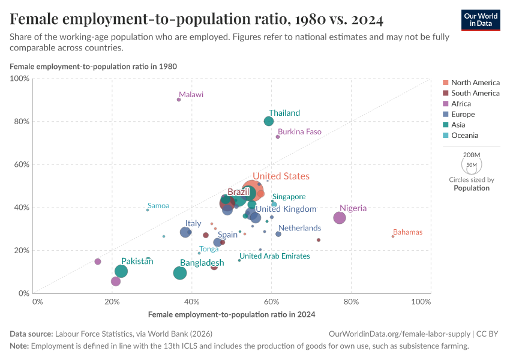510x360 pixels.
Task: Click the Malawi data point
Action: (x=179, y=100)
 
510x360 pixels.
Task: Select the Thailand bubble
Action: (x=269, y=121)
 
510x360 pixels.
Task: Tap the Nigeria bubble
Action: (x=340, y=218)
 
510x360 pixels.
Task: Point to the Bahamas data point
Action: (x=393, y=236)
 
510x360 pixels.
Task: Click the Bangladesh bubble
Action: (x=180, y=273)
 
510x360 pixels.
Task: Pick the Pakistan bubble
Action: (x=121, y=271)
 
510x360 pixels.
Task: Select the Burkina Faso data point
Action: (x=278, y=137)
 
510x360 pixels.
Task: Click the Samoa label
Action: (x=158, y=206)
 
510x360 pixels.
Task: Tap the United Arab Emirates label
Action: (x=275, y=256)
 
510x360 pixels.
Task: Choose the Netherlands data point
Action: (x=278, y=234)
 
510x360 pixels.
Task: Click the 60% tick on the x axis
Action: (x=271, y=301)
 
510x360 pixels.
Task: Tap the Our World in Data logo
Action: (x=480, y=19)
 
